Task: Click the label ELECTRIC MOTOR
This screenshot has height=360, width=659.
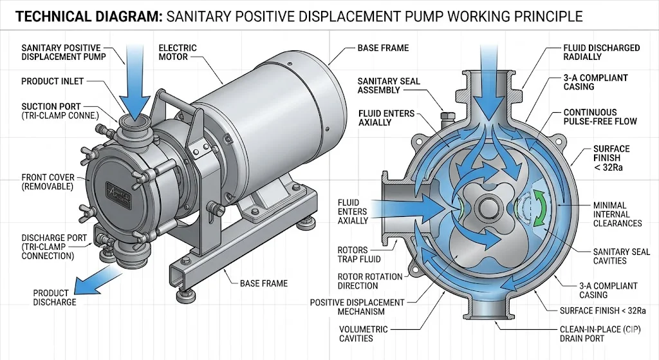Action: click(178, 52)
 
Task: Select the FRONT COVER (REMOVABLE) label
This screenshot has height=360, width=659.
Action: click(47, 182)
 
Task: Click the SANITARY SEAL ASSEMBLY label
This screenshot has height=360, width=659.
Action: click(389, 85)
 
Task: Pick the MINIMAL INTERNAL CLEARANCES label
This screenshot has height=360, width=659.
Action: click(617, 214)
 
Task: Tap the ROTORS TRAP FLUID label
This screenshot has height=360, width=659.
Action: click(359, 254)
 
